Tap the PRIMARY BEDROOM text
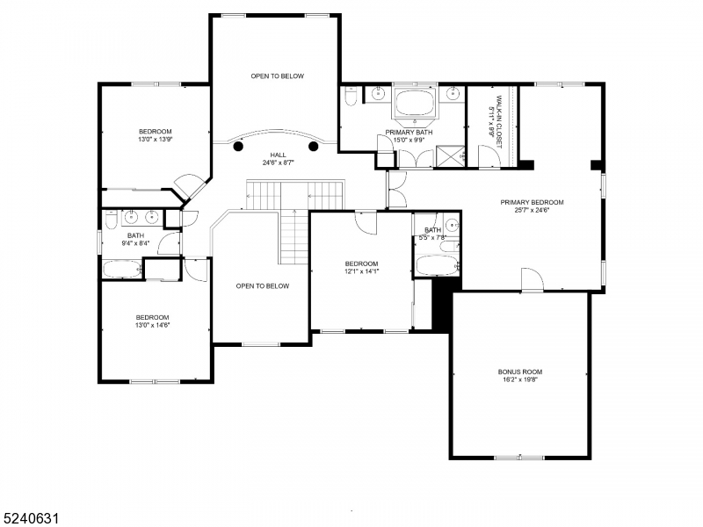tap(533, 202)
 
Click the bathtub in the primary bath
tap(416, 102)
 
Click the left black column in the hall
tap(239, 148)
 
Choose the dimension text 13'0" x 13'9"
tap(155, 140)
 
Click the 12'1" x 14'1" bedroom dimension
tap(361, 272)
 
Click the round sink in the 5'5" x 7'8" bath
tap(450, 224)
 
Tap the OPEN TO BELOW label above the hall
tap(277, 76)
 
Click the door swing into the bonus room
tap(533, 280)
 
